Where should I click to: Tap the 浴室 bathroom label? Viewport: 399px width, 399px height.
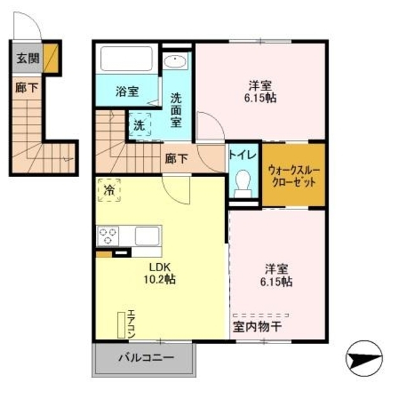tap(127, 91)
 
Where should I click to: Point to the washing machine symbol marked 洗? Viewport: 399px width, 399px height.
tap(140, 124)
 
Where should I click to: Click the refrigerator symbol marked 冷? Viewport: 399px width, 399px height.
tap(110, 190)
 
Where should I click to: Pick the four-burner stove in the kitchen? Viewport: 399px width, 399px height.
tap(107, 236)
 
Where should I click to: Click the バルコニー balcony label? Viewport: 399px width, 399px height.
tap(147, 359)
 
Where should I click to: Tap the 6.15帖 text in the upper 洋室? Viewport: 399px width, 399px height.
tap(261, 98)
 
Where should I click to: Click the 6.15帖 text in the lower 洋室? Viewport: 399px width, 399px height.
tap(278, 282)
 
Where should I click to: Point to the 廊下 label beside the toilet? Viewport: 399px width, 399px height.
tap(177, 158)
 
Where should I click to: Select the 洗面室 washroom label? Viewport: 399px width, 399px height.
tap(177, 109)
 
